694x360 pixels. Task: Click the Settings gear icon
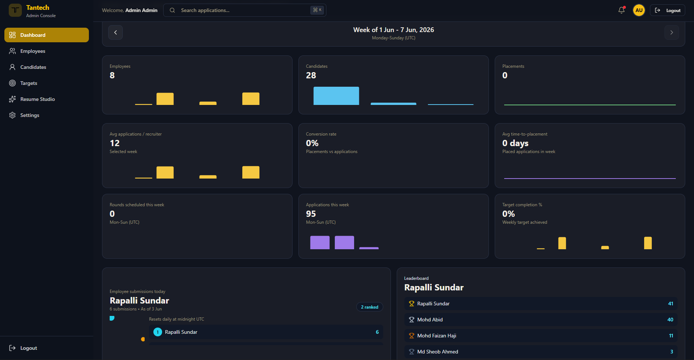point(12,115)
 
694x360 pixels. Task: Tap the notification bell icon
point(622,10)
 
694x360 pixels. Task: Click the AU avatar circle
point(639,10)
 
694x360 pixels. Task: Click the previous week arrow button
point(115,32)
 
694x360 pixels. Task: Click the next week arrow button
point(672,32)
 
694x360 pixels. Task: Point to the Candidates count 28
point(311,75)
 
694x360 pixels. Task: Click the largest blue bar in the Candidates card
point(336,96)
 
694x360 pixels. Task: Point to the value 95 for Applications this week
point(311,214)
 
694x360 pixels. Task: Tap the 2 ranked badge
point(369,307)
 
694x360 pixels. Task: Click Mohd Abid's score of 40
point(670,320)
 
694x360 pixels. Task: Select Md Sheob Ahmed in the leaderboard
point(438,352)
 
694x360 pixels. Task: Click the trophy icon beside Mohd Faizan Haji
point(412,336)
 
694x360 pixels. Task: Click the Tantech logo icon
point(15,10)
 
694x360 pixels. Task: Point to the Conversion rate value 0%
point(312,143)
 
